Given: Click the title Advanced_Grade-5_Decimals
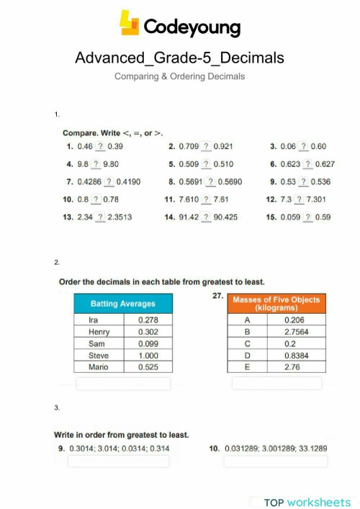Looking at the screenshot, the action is point(179,58).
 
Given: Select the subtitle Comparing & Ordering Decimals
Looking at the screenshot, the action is point(179,76).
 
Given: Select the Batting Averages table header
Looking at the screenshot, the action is point(113,304).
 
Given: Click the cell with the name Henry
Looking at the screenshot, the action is point(99,332).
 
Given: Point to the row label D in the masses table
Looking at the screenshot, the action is point(247,356).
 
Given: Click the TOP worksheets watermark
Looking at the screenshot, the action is point(307,502).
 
